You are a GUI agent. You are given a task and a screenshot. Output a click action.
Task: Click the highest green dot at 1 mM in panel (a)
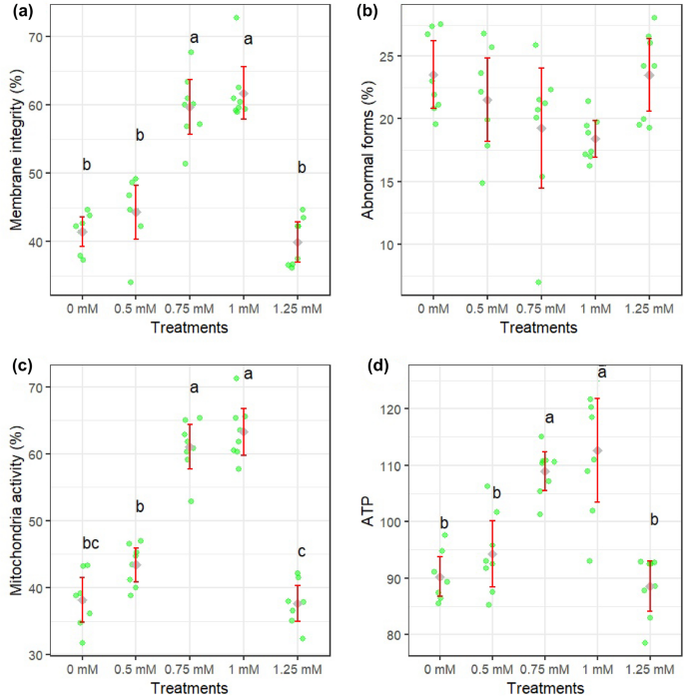pos(237,18)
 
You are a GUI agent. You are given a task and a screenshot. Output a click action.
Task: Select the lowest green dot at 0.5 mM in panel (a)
pos(131,283)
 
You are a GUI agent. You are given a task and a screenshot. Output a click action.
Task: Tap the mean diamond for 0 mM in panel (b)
pos(433,75)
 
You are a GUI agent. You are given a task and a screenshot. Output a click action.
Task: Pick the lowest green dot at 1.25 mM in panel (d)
pos(644,643)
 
